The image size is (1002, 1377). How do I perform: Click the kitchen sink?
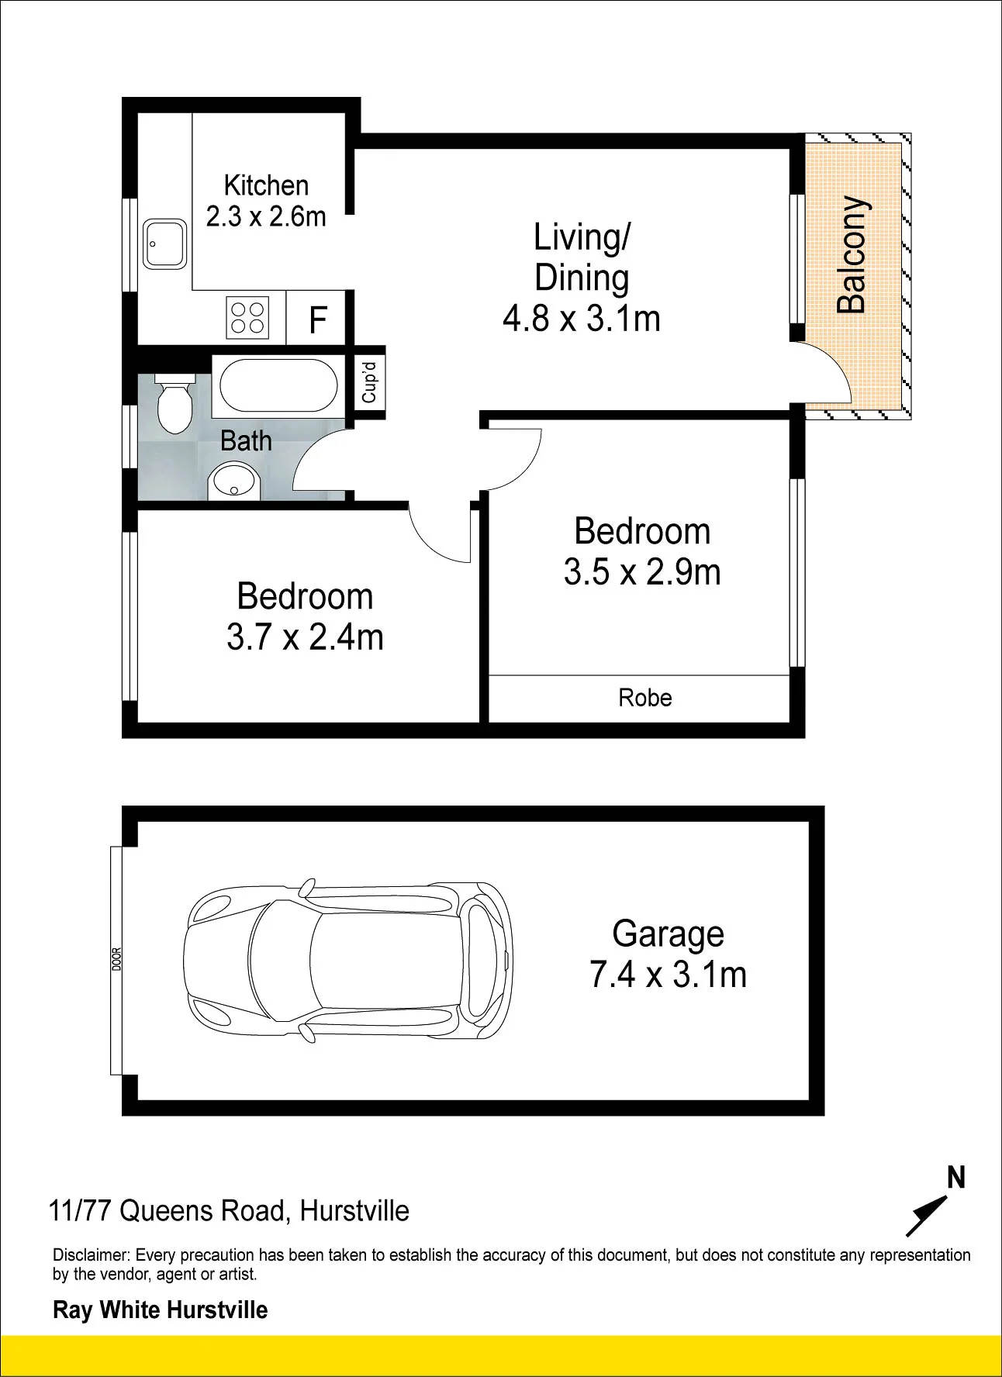pos(165,243)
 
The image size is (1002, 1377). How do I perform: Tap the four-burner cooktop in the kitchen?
pos(247,318)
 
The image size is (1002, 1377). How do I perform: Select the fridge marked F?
pos(317,319)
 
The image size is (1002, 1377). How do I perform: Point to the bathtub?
pos(279,385)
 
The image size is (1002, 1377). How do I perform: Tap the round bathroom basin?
pos(233,481)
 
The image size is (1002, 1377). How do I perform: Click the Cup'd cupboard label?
pos(369,383)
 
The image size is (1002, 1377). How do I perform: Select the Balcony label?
pos(852,254)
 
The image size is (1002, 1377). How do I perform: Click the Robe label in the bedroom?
pos(645,698)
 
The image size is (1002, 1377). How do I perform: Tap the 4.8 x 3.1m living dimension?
pos(582,319)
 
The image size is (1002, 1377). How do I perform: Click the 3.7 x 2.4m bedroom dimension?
pos(305,637)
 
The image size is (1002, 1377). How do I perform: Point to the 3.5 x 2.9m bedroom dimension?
pos(642,572)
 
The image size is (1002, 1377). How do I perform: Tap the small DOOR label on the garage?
pos(117,960)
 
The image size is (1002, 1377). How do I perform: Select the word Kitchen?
pos(266,185)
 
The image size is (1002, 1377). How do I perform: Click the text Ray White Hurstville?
pos(161,1310)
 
